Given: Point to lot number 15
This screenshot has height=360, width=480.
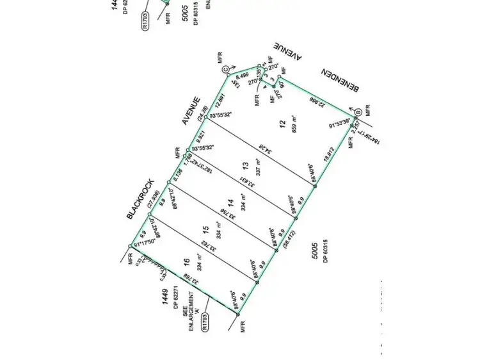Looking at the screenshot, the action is point(205,229).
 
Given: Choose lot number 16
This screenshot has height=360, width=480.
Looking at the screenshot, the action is point(186,261).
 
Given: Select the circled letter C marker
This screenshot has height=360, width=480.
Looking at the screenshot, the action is point(225,69).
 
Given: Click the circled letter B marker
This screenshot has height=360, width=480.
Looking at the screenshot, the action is point(358,111).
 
